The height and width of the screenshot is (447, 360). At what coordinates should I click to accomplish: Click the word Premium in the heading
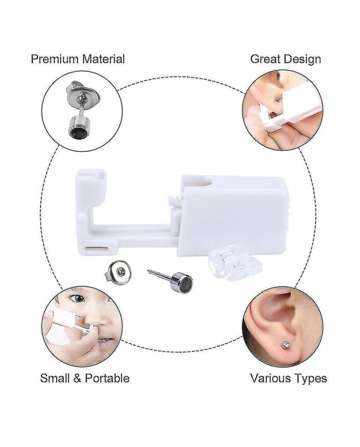click(55, 59)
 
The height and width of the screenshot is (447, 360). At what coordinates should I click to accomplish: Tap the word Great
click(265, 59)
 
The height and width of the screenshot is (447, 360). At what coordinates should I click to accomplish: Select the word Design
click(302, 60)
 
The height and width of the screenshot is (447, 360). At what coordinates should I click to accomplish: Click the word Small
click(56, 378)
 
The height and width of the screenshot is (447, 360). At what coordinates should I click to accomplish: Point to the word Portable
click(107, 378)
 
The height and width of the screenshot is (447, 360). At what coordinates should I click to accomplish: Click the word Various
click(272, 378)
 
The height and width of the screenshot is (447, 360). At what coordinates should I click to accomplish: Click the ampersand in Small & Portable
click(78, 378)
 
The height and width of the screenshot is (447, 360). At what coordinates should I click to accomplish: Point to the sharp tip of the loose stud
click(148, 271)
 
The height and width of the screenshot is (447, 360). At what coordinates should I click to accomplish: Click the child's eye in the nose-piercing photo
click(78, 298)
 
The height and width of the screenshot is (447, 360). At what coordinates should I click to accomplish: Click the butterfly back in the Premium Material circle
click(82, 93)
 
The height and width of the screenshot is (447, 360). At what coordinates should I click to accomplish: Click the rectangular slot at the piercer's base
click(98, 248)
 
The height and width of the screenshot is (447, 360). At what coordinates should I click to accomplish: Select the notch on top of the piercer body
click(204, 182)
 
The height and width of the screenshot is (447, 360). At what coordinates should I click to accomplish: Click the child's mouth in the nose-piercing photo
click(105, 341)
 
